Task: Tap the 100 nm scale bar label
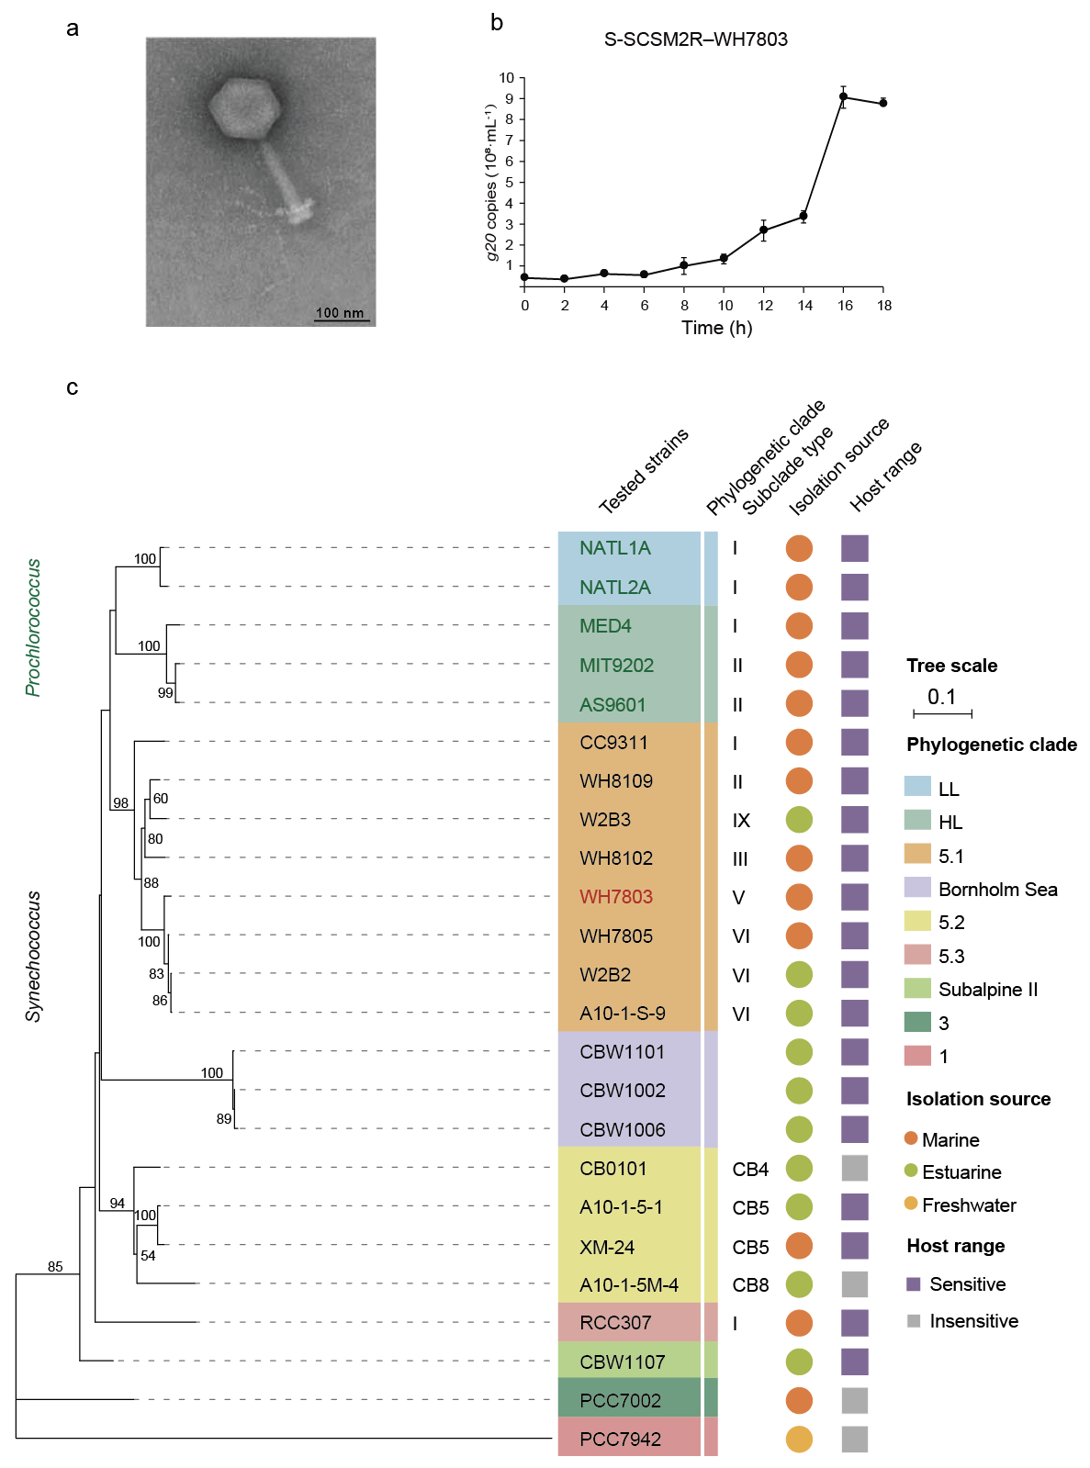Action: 340,313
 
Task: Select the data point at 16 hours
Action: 844,96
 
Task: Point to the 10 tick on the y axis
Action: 507,78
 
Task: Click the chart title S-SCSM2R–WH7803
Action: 695,39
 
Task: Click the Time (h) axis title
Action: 716,328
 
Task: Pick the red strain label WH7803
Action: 616,897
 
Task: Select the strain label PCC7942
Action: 620,1439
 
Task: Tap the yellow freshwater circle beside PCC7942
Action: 799,1439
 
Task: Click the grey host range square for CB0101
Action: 855,1168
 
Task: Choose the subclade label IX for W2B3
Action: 741,821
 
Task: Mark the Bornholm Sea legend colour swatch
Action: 917,888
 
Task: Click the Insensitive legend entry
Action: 973,1321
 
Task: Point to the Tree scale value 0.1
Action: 941,697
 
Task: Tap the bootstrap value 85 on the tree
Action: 55,1267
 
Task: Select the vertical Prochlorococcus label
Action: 33,628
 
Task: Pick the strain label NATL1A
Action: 615,548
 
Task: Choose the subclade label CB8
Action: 750,1285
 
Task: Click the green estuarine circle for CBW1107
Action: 799,1362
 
